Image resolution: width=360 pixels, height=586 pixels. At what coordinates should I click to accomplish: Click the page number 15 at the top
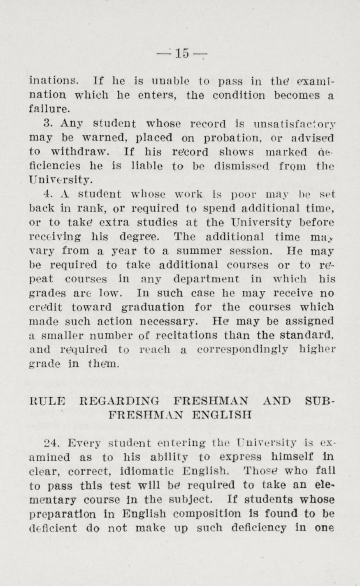pyautogui.click(x=181, y=53)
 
